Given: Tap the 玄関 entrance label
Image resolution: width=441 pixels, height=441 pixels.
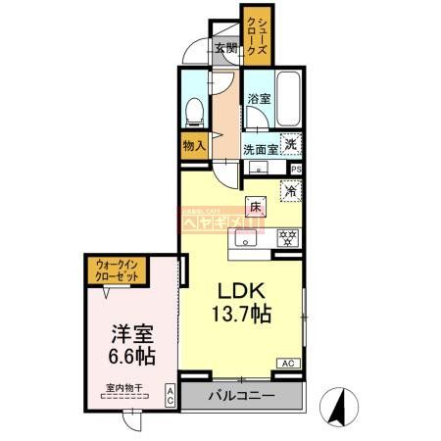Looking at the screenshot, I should click(225, 49).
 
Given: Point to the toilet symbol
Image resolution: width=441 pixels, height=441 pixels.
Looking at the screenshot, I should click(194, 109).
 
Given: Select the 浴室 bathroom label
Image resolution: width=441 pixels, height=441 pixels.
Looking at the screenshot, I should click(259, 98).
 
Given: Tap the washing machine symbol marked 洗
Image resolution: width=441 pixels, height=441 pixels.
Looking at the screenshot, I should click(290, 144).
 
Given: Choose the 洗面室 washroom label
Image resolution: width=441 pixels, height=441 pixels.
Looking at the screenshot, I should click(261, 150).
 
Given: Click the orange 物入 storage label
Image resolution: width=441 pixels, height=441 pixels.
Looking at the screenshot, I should click(193, 147).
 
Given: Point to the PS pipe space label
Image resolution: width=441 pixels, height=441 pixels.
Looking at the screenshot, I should click(295, 169).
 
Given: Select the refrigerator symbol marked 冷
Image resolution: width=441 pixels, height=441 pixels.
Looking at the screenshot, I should click(291, 191).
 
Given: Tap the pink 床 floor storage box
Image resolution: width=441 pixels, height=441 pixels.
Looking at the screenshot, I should click(255, 206).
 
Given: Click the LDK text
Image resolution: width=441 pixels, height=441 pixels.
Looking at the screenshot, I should click(238, 292).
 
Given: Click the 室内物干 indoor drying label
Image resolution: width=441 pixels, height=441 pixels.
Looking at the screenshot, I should click(125, 388).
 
